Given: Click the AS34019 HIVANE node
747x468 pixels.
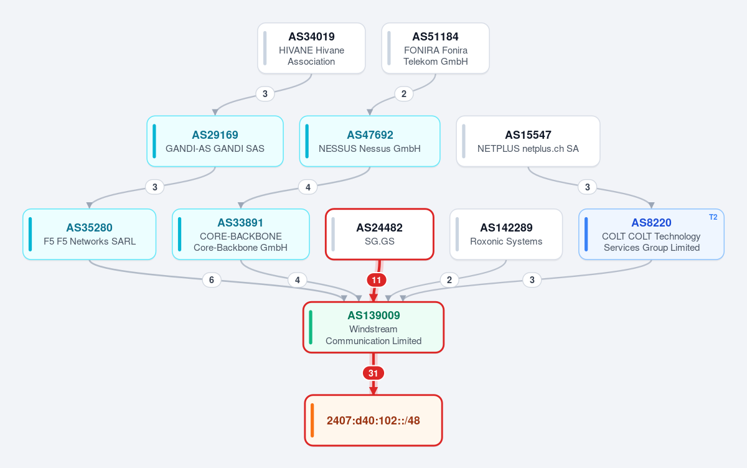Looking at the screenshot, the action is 311,49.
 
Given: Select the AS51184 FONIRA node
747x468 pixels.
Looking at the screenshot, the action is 435,49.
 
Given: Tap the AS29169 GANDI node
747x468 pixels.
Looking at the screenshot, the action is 215,141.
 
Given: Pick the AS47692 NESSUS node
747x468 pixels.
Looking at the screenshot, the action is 370,141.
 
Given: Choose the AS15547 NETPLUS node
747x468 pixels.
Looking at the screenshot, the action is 528,141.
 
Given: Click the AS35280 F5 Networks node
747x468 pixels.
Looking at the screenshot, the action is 90,235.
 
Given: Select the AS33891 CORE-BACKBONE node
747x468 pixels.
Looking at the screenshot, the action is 241,235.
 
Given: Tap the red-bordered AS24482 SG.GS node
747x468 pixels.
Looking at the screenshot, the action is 380,235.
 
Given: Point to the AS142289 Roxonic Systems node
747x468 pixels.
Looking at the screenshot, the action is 506,235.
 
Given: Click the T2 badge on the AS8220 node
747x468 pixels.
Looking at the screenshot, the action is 713,217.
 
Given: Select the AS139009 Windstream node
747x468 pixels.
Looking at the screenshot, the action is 374,327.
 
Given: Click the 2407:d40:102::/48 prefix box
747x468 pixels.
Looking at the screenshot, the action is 374,420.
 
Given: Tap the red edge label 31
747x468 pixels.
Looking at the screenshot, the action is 373,373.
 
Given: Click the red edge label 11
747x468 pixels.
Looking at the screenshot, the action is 377,280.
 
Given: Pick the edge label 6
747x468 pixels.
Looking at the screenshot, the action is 212,280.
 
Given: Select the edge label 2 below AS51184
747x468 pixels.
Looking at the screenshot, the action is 404,94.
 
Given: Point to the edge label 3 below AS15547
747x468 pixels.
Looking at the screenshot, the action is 587,187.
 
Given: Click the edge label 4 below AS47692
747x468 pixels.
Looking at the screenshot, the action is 308,187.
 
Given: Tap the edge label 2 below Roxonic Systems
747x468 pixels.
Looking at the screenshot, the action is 449,280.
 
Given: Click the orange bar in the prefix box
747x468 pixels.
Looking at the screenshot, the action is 312,420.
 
